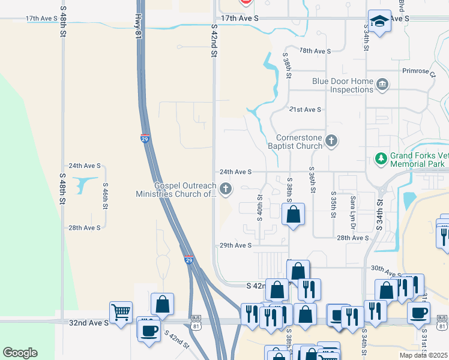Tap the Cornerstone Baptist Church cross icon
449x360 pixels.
(331, 142)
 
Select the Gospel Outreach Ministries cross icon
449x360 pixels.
(226, 190)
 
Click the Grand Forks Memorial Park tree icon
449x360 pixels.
(380, 158)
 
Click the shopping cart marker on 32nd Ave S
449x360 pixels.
(121, 312)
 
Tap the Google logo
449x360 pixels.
(20, 353)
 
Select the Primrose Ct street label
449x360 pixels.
(419, 70)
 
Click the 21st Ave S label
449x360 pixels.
(305, 110)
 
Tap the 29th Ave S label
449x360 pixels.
(235, 245)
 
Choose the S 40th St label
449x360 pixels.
(260, 207)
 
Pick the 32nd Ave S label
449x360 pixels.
(89, 322)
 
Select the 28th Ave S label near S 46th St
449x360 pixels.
(84, 228)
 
